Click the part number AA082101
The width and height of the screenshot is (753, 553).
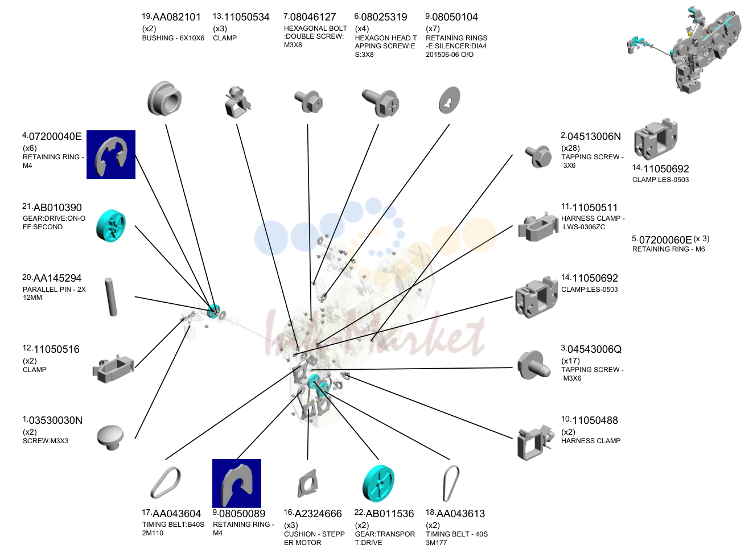(x=176, y=17)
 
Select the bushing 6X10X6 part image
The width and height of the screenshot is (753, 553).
(x=164, y=98)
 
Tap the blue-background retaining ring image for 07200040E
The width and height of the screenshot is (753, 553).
(x=111, y=155)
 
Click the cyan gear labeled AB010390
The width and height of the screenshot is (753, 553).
(x=110, y=225)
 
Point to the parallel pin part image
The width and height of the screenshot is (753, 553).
(x=111, y=297)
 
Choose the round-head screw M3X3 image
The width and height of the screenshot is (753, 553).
(x=110, y=438)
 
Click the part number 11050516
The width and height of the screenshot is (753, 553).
(x=56, y=349)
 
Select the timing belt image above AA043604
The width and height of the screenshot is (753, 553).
(x=166, y=483)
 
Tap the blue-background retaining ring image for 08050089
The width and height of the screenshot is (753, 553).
(x=237, y=484)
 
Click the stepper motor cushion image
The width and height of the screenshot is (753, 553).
(x=307, y=484)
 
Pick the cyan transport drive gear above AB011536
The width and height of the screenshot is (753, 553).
(x=378, y=483)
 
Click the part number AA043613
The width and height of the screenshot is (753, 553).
(x=460, y=514)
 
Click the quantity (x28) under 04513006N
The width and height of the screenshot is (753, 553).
(x=570, y=148)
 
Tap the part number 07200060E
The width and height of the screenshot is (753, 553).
(x=665, y=240)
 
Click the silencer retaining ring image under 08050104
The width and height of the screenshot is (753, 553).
(x=450, y=100)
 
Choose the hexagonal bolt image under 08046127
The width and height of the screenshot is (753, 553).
(x=308, y=101)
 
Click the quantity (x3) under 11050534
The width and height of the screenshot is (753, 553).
(x=220, y=28)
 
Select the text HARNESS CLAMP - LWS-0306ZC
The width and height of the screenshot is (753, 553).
(x=593, y=222)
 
